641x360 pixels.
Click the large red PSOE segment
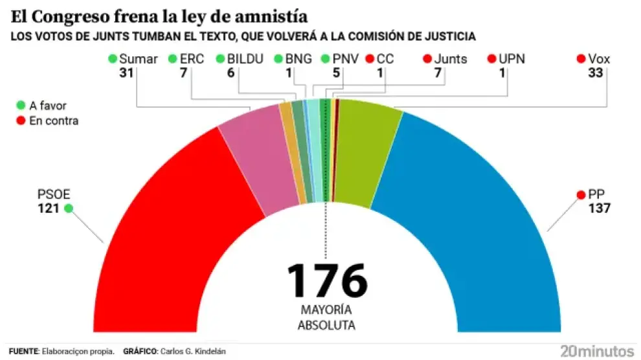point(162,227)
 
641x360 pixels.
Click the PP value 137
point(600,208)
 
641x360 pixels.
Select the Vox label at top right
point(599,60)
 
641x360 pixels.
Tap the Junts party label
point(450,60)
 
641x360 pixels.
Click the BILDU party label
point(245,60)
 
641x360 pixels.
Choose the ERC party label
point(192,60)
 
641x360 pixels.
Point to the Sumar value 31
point(126,73)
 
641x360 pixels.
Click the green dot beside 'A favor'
point(21,106)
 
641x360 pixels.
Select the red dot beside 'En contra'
point(21,120)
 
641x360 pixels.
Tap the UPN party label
point(512,60)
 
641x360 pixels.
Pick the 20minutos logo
point(596,351)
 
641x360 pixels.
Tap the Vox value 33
point(595,73)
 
